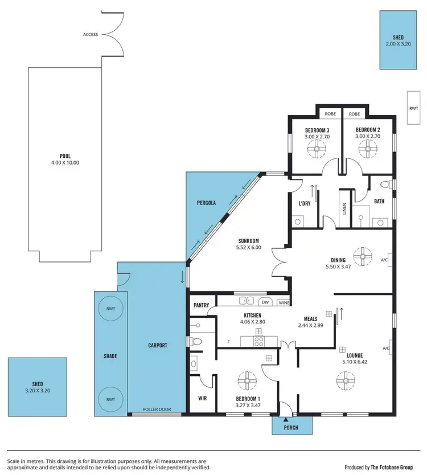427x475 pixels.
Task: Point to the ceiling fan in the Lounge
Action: (x=344, y=379)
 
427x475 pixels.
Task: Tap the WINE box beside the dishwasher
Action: (x=283, y=302)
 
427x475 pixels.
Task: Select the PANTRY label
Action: (x=202, y=305)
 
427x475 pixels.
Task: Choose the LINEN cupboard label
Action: (x=343, y=210)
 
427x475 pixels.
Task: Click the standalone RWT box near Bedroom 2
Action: (x=413, y=108)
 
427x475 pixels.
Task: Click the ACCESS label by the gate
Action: (x=91, y=34)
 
